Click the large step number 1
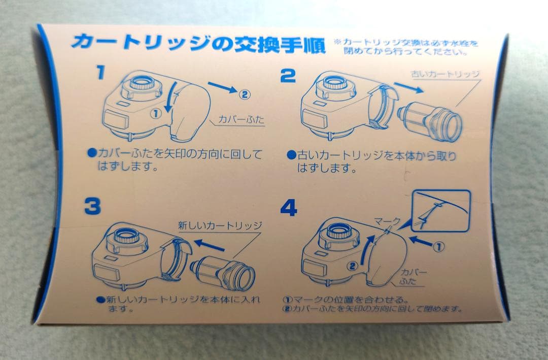pos(100,73)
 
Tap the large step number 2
pos(288,76)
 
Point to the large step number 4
pos(289,208)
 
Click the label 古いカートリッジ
pos(444,74)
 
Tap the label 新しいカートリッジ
pos(219,225)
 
